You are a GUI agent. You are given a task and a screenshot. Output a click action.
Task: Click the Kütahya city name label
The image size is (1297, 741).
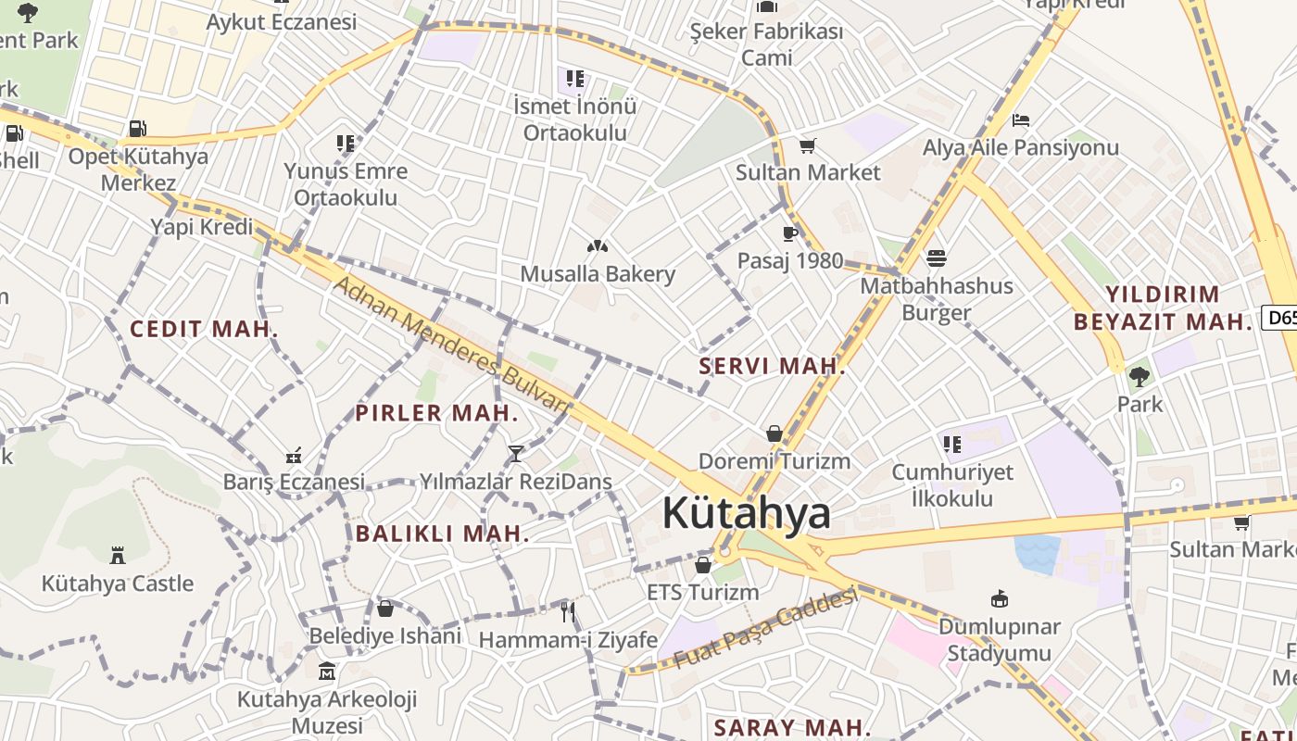coord(746,513)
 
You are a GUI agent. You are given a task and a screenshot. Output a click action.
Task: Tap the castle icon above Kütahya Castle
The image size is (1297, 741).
coord(118,556)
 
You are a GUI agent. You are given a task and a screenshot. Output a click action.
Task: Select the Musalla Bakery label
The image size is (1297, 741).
coord(598,274)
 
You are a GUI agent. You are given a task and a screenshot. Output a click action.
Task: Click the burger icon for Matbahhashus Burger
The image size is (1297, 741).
coord(937,258)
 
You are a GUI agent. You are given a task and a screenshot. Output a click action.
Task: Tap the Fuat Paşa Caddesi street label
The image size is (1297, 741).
coord(765,629)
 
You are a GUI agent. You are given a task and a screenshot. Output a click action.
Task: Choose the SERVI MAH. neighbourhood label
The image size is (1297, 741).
coord(772,366)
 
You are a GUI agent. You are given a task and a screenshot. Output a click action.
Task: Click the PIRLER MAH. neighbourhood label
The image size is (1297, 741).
coord(436,413)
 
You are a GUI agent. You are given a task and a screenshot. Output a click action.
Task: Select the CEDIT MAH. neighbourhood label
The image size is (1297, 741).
coord(204,329)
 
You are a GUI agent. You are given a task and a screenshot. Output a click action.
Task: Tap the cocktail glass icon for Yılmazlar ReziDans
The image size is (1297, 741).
coord(516,453)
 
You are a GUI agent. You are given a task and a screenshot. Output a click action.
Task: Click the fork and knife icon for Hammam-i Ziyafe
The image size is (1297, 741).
coord(568,611)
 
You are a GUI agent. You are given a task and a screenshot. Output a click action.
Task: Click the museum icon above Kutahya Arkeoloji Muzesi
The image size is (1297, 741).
coord(326,671)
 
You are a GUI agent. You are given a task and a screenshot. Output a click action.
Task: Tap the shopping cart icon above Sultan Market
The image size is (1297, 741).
coord(808,145)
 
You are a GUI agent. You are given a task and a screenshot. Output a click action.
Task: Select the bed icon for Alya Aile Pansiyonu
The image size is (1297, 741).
coord(1021,120)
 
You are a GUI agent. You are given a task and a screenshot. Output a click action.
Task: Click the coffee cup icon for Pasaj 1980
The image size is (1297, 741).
coord(790,233)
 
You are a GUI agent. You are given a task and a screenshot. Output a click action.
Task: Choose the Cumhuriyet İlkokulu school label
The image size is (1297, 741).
coord(952,485)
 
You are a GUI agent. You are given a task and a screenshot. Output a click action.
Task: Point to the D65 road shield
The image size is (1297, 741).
coord(1280,318)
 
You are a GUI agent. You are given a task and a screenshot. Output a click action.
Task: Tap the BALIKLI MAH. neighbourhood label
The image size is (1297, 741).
coord(442,534)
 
